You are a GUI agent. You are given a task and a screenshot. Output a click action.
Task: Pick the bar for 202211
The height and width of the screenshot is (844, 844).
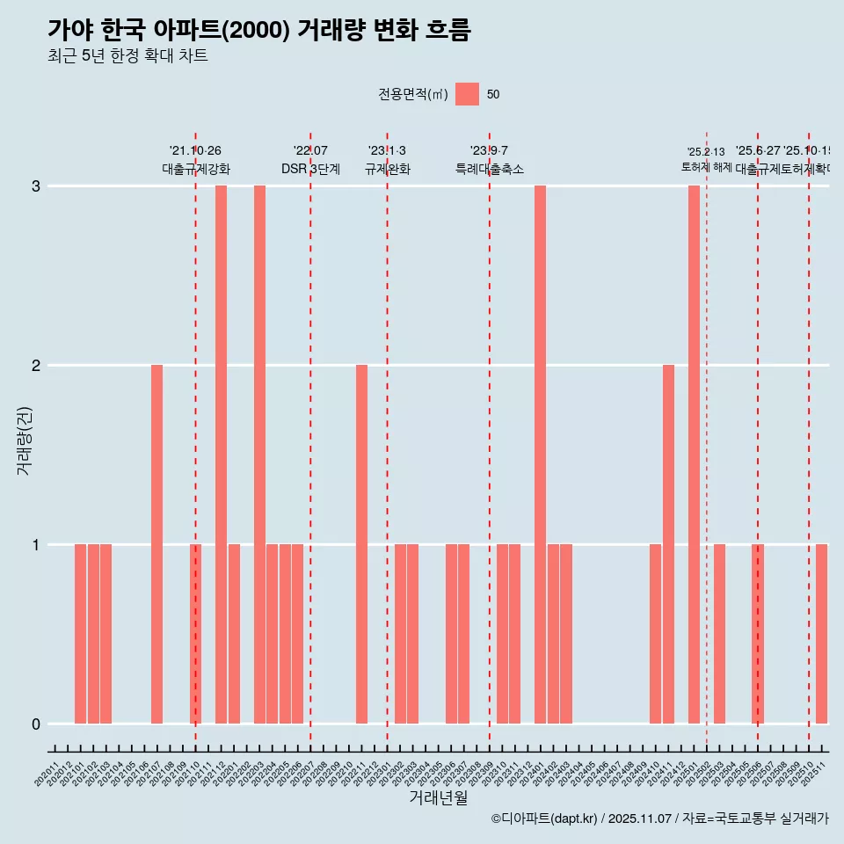[x=361, y=544]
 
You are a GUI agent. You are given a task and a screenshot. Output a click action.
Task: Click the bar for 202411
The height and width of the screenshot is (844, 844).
[x=668, y=544]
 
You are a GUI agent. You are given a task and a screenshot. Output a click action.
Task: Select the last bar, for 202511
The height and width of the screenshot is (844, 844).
[x=821, y=634]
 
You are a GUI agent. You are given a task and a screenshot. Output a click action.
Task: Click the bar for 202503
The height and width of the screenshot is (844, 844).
[x=719, y=634]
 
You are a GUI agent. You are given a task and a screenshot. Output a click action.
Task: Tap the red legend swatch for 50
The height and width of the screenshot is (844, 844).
[x=468, y=94]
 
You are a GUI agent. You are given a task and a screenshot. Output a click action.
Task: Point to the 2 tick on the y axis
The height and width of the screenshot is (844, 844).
[x=36, y=365]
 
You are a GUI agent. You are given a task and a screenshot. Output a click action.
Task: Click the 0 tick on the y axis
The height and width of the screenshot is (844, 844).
[x=36, y=724]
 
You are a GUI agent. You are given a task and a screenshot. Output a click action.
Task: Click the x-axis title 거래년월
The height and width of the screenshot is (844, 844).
[x=438, y=797]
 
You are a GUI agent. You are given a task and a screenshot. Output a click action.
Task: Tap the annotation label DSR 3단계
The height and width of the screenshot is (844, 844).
[x=310, y=169]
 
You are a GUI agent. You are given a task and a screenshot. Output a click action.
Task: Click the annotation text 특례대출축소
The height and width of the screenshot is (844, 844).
[x=490, y=169]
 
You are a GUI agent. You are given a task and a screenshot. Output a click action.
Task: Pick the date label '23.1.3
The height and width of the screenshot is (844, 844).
[x=387, y=151]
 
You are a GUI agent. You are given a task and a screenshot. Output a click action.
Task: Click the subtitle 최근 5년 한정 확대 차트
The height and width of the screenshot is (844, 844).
[x=127, y=56]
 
